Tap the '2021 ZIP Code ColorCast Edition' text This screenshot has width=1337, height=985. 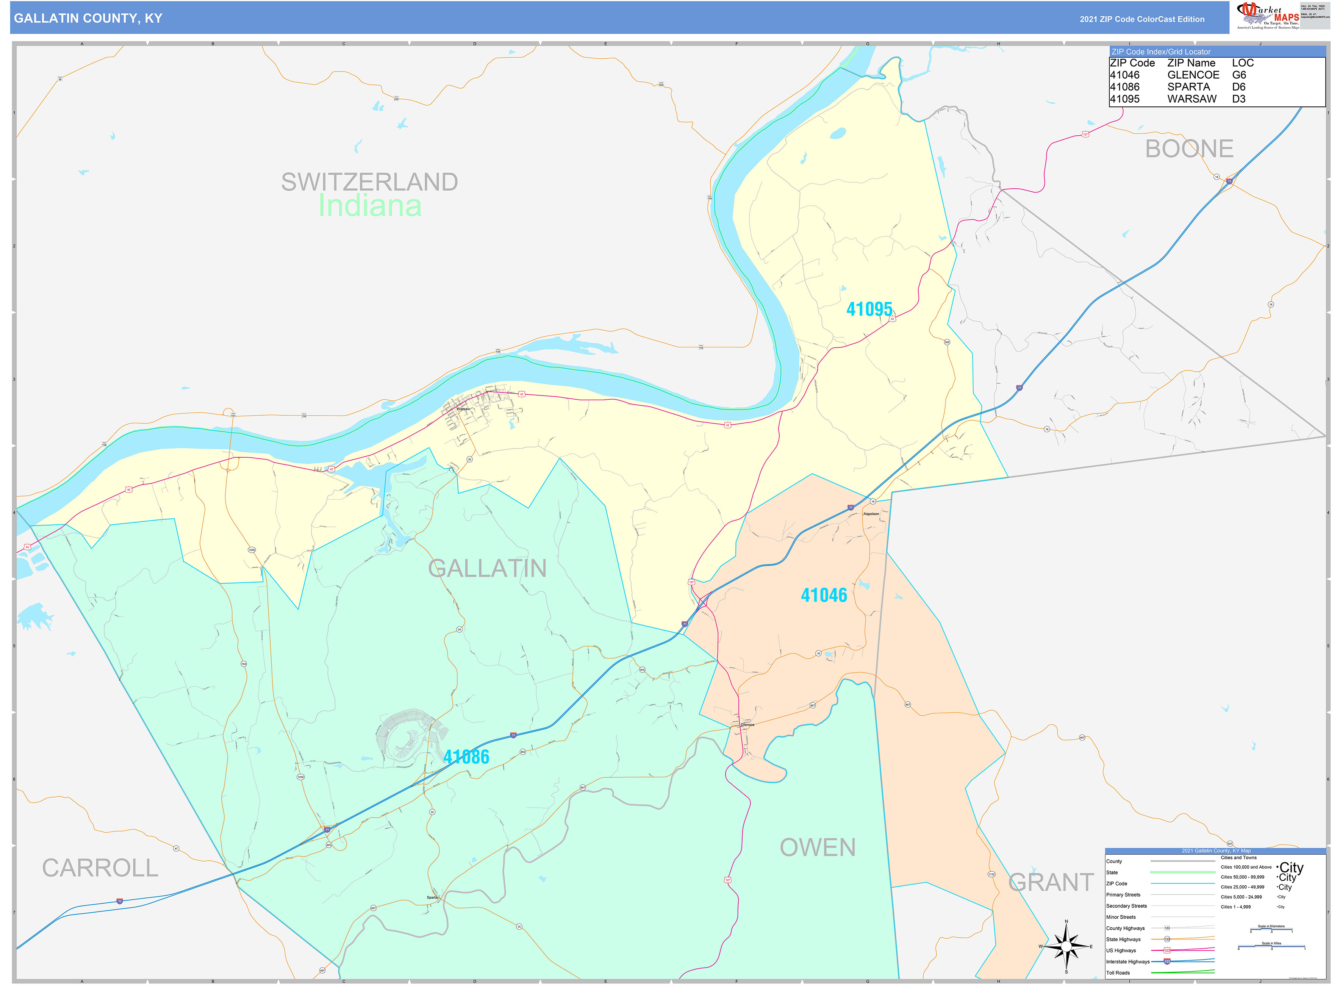[1142, 19]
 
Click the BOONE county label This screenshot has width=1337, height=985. [1188, 149]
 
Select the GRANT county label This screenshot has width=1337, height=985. [1051, 882]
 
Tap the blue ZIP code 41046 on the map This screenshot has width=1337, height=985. [824, 595]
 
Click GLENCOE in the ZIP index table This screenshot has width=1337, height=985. [1193, 75]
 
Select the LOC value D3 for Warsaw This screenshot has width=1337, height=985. [1238, 99]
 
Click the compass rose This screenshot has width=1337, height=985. [1066, 946]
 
